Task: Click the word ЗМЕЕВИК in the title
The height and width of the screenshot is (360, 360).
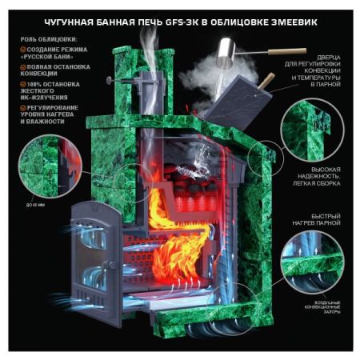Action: (287, 22)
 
